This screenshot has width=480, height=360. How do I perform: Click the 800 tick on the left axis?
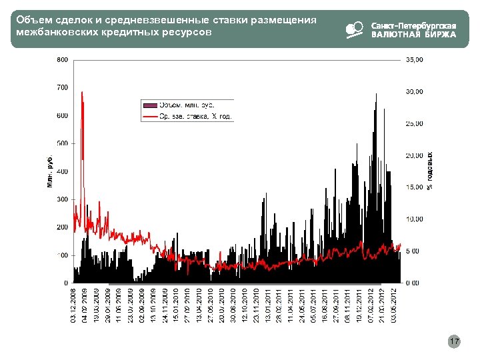(x=61, y=60)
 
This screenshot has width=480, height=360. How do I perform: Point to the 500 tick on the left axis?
(x=61, y=143)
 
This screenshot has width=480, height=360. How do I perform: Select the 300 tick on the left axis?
(x=61, y=199)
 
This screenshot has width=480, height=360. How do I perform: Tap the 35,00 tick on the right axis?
(x=415, y=60)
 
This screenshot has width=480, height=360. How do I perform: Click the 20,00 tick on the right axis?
(x=415, y=155)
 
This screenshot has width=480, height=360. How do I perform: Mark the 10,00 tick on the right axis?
(x=415, y=219)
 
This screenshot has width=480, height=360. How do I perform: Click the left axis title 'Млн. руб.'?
(x=50, y=171)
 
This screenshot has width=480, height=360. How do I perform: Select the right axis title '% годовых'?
(x=430, y=171)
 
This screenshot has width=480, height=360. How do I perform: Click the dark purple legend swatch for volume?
(x=150, y=105)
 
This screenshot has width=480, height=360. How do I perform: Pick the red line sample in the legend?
(x=150, y=117)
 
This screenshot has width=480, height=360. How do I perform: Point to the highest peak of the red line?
(x=82, y=93)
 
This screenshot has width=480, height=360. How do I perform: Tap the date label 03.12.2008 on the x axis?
(x=73, y=305)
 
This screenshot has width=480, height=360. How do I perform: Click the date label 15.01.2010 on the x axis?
(x=176, y=305)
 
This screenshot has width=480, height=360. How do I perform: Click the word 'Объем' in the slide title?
(x=31, y=20)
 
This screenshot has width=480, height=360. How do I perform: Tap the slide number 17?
(x=454, y=342)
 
